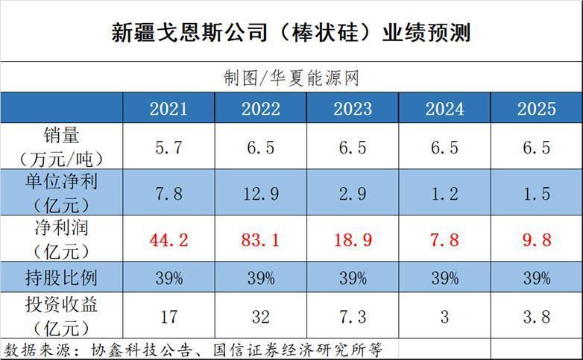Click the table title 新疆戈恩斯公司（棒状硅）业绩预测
(291, 33)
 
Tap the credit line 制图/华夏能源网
(291, 78)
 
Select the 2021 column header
(168, 109)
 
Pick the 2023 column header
(353, 109)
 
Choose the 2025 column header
(536, 109)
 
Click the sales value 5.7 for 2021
(168, 148)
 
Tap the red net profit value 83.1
(260, 241)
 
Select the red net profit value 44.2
(168, 241)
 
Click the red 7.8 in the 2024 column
(444, 241)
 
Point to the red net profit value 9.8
(536, 241)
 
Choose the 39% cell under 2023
(353, 279)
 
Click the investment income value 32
(260, 317)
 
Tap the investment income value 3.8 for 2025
(536, 317)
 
